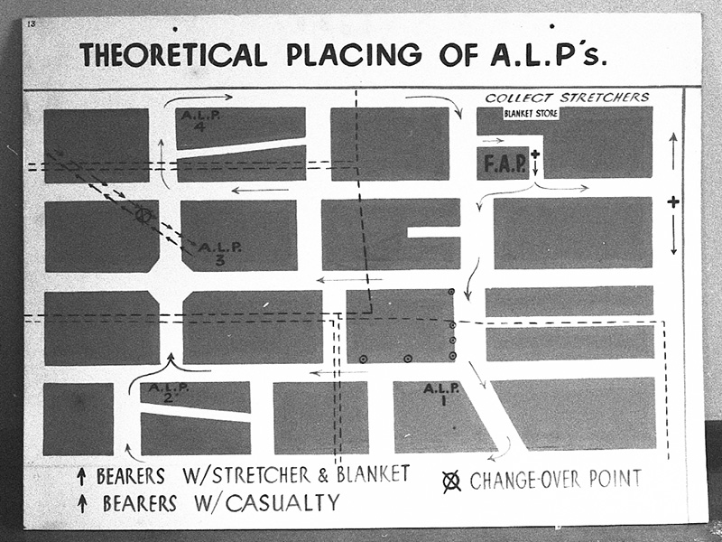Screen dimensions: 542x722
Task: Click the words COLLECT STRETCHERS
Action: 567,98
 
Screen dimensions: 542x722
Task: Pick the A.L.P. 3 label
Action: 218,252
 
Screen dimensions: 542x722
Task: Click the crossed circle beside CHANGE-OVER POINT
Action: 451,481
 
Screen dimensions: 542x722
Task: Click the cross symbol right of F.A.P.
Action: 535,155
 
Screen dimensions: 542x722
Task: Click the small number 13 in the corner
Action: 32,23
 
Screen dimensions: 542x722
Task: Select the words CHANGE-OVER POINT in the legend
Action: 555,480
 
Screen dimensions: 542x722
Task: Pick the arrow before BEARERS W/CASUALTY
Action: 82,504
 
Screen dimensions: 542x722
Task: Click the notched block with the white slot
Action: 391,234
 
